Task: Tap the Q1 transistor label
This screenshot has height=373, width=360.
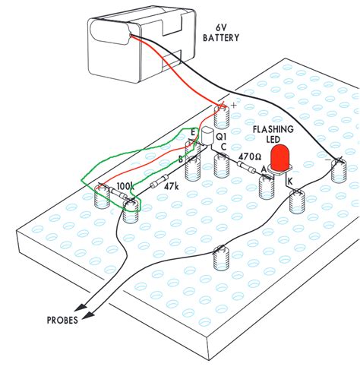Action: point(222,137)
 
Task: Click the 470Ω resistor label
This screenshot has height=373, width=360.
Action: point(250,155)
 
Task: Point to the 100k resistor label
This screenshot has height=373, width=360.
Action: point(126,186)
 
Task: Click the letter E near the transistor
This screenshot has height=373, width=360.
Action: point(194,132)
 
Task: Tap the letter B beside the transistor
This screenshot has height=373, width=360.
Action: point(181,160)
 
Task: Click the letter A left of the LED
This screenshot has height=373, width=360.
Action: point(264,169)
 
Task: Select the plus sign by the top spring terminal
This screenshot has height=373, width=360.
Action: point(234,106)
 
